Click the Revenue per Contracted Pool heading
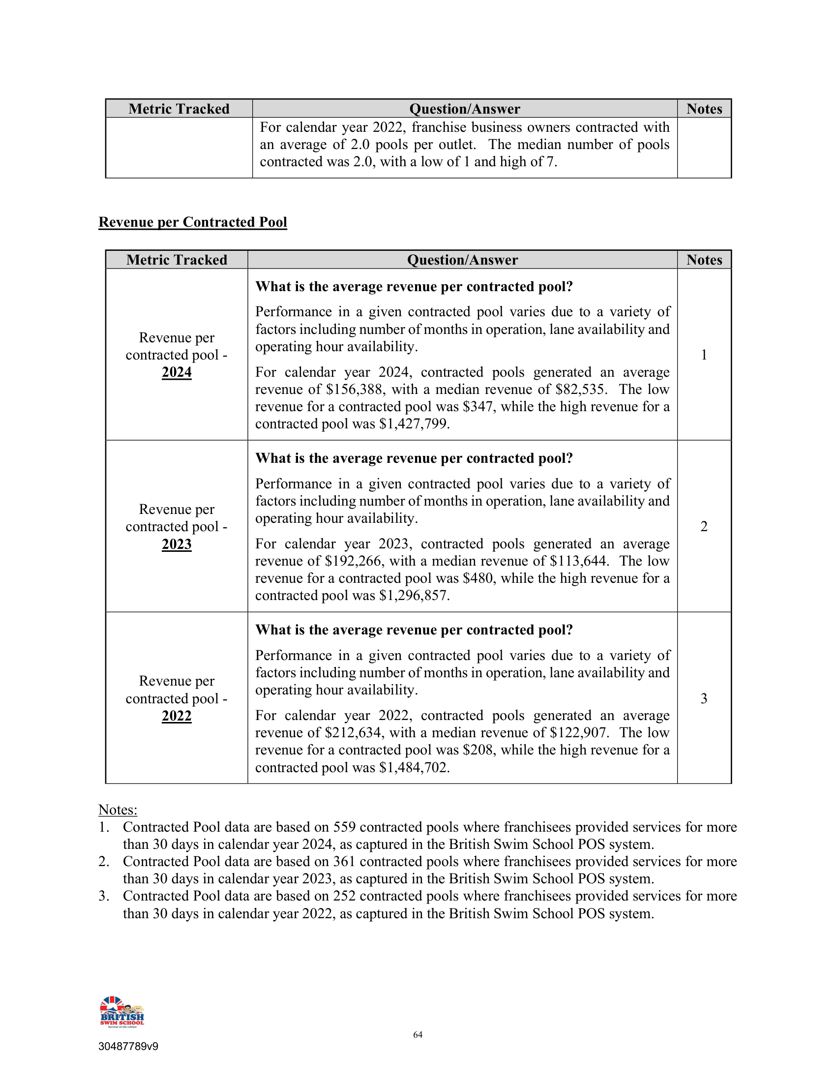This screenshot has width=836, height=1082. [x=193, y=222]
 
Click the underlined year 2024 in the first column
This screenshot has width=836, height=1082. [x=177, y=372]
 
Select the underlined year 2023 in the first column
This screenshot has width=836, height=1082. [x=177, y=544]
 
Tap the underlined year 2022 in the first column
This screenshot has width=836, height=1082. [x=177, y=716]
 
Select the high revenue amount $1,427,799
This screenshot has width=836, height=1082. [x=414, y=424]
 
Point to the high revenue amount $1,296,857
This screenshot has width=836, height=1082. [x=414, y=596]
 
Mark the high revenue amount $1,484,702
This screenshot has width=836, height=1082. [x=414, y=767]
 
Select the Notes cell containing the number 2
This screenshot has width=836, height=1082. [x=704, y=526]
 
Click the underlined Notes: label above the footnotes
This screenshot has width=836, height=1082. [x=118, y=810]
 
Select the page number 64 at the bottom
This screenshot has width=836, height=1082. [x=418, y=1034]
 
